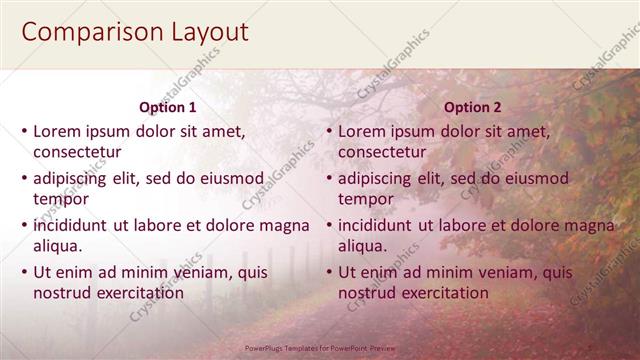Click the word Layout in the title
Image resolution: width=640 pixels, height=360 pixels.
pyautogui.click(x=207, y=32)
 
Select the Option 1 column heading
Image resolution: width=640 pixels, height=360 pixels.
pyautogui.click(x=167, y=107)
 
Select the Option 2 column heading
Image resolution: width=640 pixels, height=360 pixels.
pyautogui.click(x=473, y=107)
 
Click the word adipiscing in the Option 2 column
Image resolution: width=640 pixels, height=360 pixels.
pyautogui.click(x=374, y=178)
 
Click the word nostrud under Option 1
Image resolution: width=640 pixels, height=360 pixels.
pyautogui.click(x=62, y=293)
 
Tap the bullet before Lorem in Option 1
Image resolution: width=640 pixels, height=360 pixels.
pyautogui.click(x=24, y=131)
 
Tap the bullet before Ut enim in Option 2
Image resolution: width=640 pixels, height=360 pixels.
pyautogui.click(x=329, y=272)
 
